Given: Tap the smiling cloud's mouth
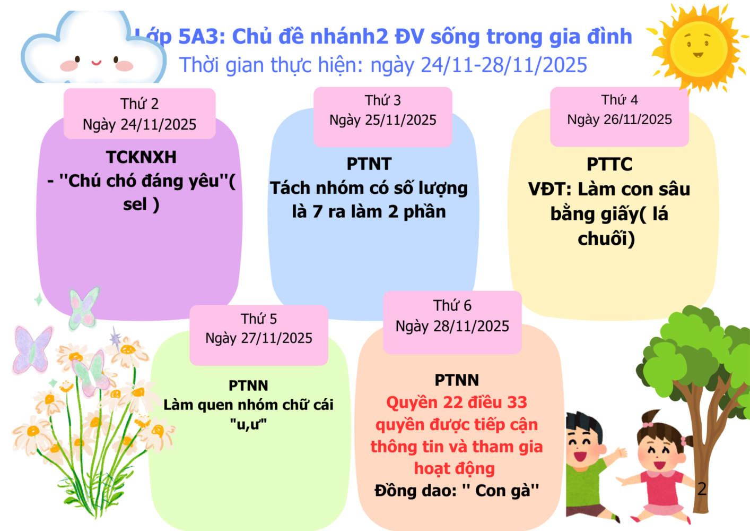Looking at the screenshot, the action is (x=97, y=63).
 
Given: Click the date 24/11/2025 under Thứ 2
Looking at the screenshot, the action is (x=159, y=125).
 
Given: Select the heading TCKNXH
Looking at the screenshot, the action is (x=141, y=157).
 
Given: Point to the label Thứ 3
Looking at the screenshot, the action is (x=383, y=100).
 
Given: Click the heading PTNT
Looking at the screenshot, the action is (x=369, y=164).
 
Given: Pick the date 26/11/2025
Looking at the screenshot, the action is (x=638, y=119).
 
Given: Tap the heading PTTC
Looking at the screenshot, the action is (x=609, y=164).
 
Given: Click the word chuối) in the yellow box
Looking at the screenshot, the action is (x=606, y=238).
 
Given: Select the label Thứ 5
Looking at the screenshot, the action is (x=259, y=319).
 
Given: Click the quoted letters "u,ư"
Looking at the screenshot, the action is (x=248, y=424).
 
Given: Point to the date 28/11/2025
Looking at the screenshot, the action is (x=471, y=326).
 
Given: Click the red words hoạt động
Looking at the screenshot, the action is (x=455, y=469).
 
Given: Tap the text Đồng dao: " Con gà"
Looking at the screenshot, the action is (x=457, y=491).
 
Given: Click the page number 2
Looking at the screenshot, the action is (x=702, y=489).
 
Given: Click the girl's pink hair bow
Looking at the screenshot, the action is (x=648, y=425).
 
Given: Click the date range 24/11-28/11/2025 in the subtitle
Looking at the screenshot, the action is (x=504, y=65).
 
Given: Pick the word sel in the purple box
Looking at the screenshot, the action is (x=135, y=204).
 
